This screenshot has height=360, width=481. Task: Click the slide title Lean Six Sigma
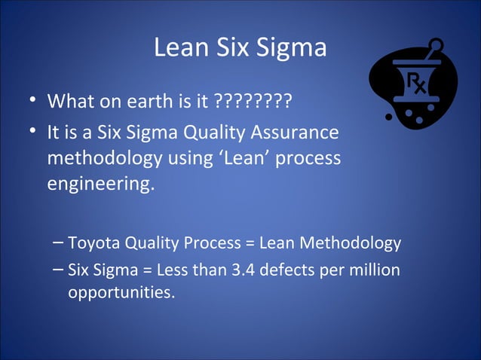pyautogui.click(x=240, y=48)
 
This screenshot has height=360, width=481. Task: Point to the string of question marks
pyautogui.click(x=253, y=100)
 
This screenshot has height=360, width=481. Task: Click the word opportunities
pyautogui.click(x=121, y=291)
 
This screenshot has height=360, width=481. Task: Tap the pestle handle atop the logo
pyautogui.click(x=431, y=50)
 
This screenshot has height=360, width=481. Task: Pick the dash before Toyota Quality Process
pyautogui.click(x=59, y=243)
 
